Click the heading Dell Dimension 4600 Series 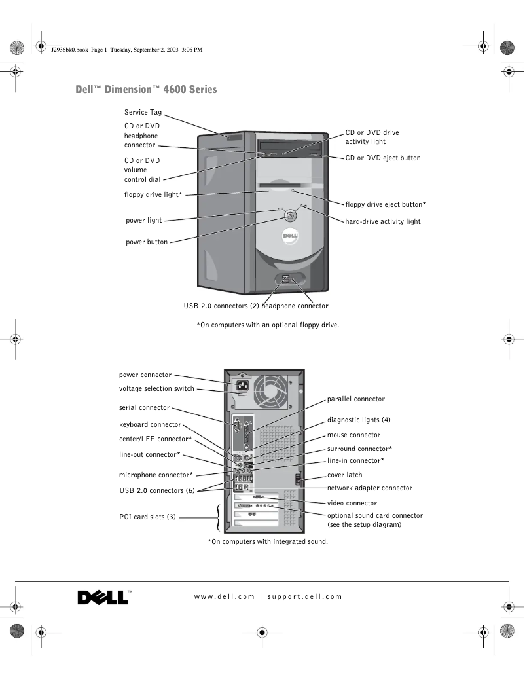(x=146, y=90)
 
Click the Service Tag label (x=143, y=113)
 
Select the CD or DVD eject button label (x=383, y=158)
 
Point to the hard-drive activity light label (x=383, y=221)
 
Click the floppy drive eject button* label (x=386, y=204)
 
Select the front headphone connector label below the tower (x=295, y=306)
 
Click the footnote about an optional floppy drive (x=268, y=325)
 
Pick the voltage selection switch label (x=156, y=388)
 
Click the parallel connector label (x=356, y=399)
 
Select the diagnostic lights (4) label (x=359, y=420)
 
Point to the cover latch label (x=344, y=475)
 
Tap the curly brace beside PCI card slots (x=218, y=517)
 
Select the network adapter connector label (x=370, y=488)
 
